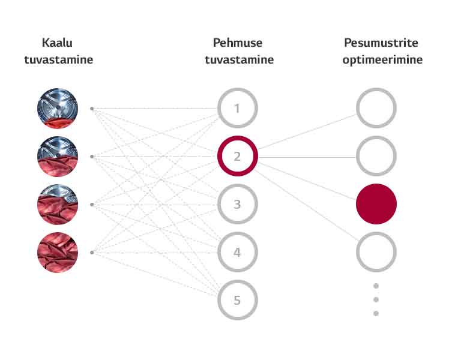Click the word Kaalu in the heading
tap(58, 43)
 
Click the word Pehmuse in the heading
tap(238, 43)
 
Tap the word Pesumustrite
tap(381, 43)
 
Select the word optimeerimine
tap(382, 60)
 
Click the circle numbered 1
tap(237, 109)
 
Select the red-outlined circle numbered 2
tap(237, 157)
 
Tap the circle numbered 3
tap(237, 205)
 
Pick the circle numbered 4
tap(237, 253)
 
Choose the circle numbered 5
tap(237, 299)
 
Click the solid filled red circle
tap(376, 204)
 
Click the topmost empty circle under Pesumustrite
tap(376, 109)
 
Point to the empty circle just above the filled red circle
tap(376, 157)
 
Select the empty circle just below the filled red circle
tap(376, 253)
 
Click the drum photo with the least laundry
tap(58, 109)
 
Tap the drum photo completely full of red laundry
tap(58, 253)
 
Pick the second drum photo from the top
tap(58, 157)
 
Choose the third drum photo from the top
tap(58, 205)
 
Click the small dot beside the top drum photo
tap(92, 109)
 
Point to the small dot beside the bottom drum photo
tap(92, 253)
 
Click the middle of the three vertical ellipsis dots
tap(376, 299)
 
